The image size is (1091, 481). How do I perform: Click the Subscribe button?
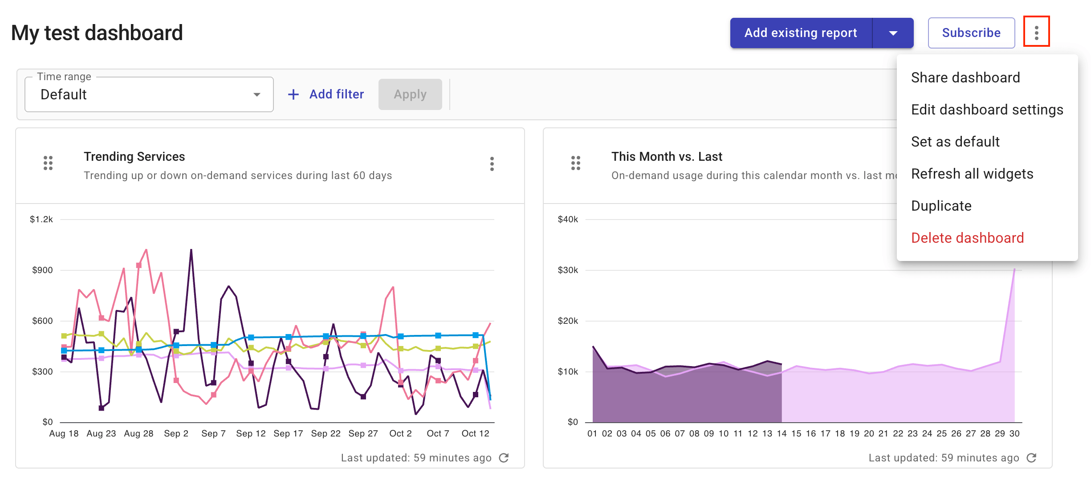971,33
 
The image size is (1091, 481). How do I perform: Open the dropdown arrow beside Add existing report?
893,33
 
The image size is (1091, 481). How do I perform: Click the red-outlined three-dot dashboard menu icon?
1036,32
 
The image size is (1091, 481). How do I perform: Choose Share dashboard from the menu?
965,77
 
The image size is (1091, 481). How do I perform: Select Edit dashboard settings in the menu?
987,110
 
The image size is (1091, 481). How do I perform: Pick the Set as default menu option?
955,142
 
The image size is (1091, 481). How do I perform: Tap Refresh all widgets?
972,174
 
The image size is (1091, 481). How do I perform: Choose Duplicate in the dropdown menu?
941,206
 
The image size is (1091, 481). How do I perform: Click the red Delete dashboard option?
967,238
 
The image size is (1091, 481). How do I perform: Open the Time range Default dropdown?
149,94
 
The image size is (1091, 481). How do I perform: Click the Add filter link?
326,94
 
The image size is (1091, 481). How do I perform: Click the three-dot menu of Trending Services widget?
492,164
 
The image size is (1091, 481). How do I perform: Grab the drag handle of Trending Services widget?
48,163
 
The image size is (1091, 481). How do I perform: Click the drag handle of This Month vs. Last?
575,163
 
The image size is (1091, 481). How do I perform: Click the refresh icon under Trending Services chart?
504,458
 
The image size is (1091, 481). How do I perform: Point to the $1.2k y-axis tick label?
41,219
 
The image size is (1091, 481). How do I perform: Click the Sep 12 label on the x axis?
251,433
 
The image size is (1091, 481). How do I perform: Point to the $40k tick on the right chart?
568,219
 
